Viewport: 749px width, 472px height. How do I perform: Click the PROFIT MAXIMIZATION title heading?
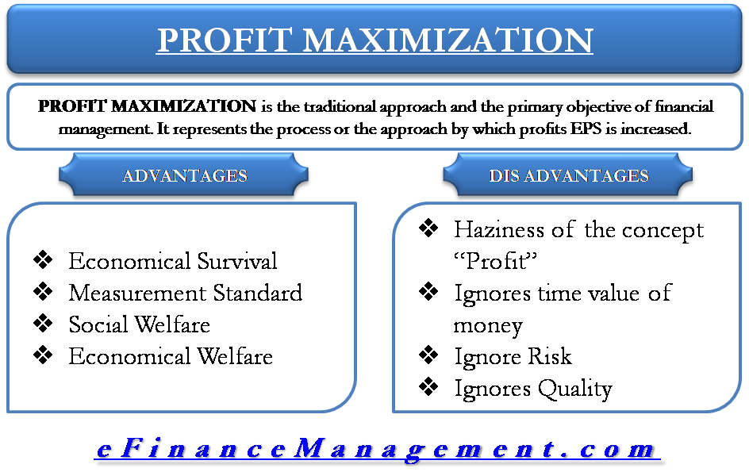374,40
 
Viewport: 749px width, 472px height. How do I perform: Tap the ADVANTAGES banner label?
184,175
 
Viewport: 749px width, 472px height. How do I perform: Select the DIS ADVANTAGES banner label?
568,175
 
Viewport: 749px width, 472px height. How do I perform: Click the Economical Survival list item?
173,261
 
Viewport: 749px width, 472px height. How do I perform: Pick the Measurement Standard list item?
185,293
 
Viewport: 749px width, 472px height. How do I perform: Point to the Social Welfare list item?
139,324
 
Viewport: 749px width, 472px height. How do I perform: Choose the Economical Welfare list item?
171,356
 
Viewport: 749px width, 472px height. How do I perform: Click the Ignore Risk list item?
513,356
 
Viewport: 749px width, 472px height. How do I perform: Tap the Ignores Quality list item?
532,388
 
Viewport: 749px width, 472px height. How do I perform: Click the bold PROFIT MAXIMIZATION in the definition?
147,106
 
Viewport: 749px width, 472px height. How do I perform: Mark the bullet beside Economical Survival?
44,260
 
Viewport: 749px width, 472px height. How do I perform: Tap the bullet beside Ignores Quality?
428,387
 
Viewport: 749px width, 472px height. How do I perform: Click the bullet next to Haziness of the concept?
428,229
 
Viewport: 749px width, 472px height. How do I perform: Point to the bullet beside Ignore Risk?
428,355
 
